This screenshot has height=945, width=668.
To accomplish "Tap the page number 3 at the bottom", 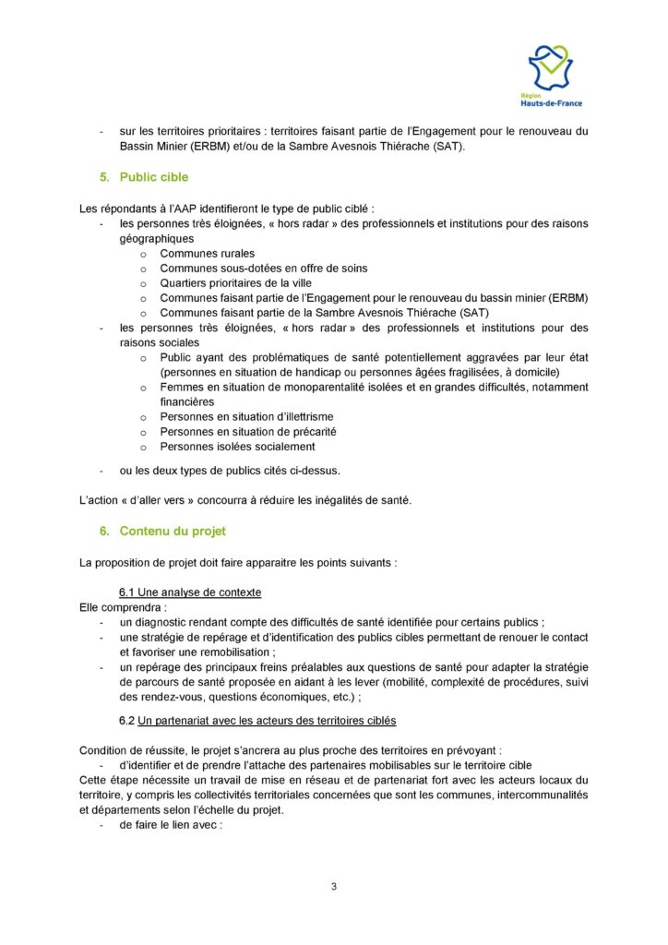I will tap(334, 887).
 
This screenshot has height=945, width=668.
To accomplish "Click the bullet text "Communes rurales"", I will tap(208, 254).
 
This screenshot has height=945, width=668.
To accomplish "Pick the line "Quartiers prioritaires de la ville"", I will tap(237, 283).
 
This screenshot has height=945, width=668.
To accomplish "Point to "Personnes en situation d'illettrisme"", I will tap(246, 417).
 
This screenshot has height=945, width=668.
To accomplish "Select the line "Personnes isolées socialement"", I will tap(237, 447).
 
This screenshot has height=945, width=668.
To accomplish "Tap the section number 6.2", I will tap(127, 720).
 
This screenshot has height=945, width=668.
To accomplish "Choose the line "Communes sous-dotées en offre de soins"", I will tap(263, 269).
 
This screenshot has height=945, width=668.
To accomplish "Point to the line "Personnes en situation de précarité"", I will tap(247, 432).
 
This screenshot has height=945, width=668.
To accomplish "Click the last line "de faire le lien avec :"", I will tap(171, 825).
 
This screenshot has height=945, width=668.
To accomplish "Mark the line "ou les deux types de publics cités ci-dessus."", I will tap(230, 471).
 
